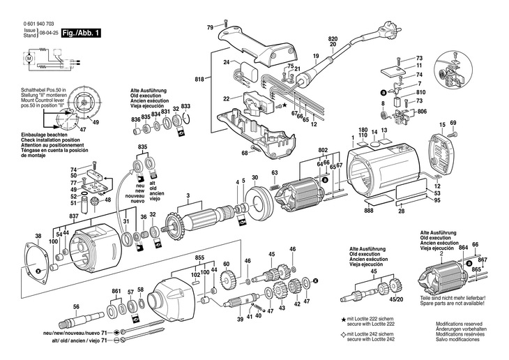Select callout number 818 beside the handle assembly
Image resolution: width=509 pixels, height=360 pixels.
pyautogui.click(x=200, y=80)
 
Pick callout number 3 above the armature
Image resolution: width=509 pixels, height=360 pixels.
pyautogui.click(x=188, y=195)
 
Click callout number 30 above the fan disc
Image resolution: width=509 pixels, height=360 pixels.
pyautogui.click(x=254, y=178)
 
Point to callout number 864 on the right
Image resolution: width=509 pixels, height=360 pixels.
pyautogui.click(x=462, y=248)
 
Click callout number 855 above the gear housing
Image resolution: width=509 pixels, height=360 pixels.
pyautogui.click(x=199, y=257)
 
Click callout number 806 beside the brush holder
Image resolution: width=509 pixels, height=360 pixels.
pyautogui.click(x=421, y=112)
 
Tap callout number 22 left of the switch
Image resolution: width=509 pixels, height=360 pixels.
pyautogui.click(x=227, y=99)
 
